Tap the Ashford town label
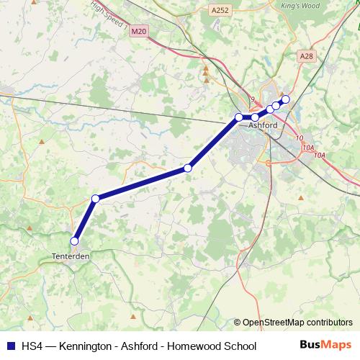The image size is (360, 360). pyautogui.click(x=262, y=125)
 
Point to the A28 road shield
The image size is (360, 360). pyautogui.click(x=307, y=55)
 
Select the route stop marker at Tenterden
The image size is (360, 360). pyautogui.click(x=73, y=241)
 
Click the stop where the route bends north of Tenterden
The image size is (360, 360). pyautogui.click(x=95, y=199)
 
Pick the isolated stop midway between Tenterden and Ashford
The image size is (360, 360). pyautogui.click(x=188, y=168)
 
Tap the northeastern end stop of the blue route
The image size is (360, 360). pyautogui.click(x=285, y=99)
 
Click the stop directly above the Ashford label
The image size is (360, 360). pyautogui.click(x=255, y=117)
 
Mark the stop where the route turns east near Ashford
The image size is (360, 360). pyautogui.click(x=239, y=117)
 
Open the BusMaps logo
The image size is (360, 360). pyautogui.click(x=325, y=346)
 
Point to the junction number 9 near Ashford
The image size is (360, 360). pyautogui.click(x=252, y=99)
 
